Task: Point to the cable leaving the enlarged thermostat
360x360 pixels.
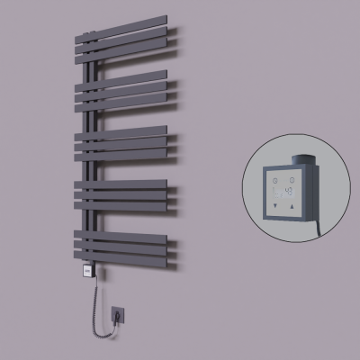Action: point(309,220)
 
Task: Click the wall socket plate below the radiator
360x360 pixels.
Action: point(117,314)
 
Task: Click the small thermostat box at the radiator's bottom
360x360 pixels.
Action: point(87,268)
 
